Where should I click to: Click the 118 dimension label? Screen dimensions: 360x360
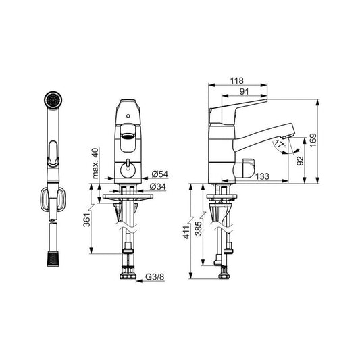pyautogui.click(x=237, y=81)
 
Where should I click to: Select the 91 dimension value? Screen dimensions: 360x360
pyautogui.click(x=245, y=92)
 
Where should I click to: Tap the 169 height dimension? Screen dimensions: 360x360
pyautogui.click(x=313, y=140)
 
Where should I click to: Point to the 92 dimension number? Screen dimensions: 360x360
pyautogui.click(x=300, y=161)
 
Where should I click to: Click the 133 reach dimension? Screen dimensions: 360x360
pyautogui.click(x=262, y=176)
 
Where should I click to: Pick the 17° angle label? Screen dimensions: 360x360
pyautogui.click(x=280, y=144)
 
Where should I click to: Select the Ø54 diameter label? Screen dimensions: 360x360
pyautogui.click(x=160, y=174)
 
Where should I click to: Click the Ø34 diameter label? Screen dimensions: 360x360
pyautogui.click(x=158, y=186)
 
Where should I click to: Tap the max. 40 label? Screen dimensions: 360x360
pyautogui.click(x=95, y=163)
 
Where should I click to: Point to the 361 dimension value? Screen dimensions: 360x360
pyautogui.click(x=86, y=220)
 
